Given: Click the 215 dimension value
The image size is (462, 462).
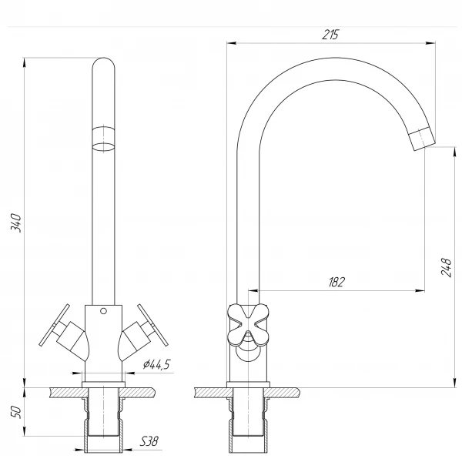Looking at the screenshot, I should (330, 35).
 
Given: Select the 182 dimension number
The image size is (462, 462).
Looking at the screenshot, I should (336, 282).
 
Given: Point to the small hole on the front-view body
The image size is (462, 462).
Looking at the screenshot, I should (103, 312).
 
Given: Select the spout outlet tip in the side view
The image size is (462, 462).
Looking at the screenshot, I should (422, 140).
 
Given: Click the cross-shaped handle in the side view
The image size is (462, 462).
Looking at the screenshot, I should (248, 322).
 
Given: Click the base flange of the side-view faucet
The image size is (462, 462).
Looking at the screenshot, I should (248, 383).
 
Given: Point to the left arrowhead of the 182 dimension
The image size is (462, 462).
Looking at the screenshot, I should (254, 290).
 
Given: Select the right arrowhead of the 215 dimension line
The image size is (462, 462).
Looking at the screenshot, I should (432, 43).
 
